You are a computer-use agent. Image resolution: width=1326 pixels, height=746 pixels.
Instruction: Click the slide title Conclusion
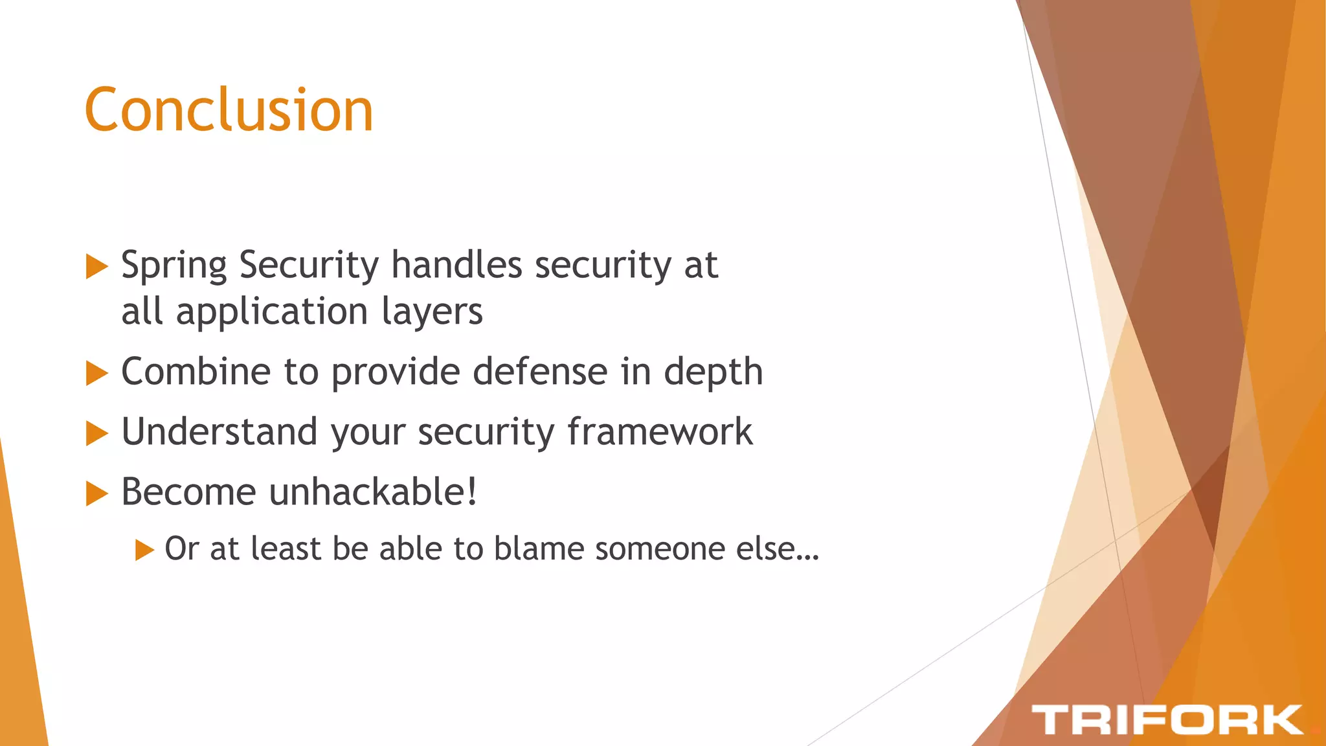tap(229, 110)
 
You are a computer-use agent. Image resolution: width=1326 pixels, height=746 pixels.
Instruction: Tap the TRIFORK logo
tap(1167, 720)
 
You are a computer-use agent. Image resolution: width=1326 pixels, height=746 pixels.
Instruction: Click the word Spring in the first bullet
tap(174, 266)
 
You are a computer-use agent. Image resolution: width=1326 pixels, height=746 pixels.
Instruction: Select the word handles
tap(456, 265)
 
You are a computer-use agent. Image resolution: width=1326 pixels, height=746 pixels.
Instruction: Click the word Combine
tap(196, 372)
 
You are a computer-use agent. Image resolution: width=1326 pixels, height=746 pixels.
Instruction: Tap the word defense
tap(541, 372)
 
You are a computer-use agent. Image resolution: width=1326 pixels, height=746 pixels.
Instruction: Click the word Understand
tap(219, 432)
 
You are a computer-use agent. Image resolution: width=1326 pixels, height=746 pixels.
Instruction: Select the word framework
tap(660, 432)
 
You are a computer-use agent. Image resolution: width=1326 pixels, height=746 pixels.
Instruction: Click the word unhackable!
tap(373, 492)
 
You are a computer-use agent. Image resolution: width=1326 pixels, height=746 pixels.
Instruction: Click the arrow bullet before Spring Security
tap(96, 266)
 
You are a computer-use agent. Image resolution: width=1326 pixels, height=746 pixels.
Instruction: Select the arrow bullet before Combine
tap(96, 373)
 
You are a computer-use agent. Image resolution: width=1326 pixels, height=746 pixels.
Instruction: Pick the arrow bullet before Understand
tap(96, 433)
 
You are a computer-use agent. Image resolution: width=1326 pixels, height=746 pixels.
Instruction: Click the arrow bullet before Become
tap(96, 493)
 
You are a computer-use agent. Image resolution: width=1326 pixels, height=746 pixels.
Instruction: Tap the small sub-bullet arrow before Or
tap(144, 550)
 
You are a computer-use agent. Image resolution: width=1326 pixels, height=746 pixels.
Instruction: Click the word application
tap(272, 312)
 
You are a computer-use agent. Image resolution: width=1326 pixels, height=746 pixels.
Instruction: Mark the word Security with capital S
tap(308, 266)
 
